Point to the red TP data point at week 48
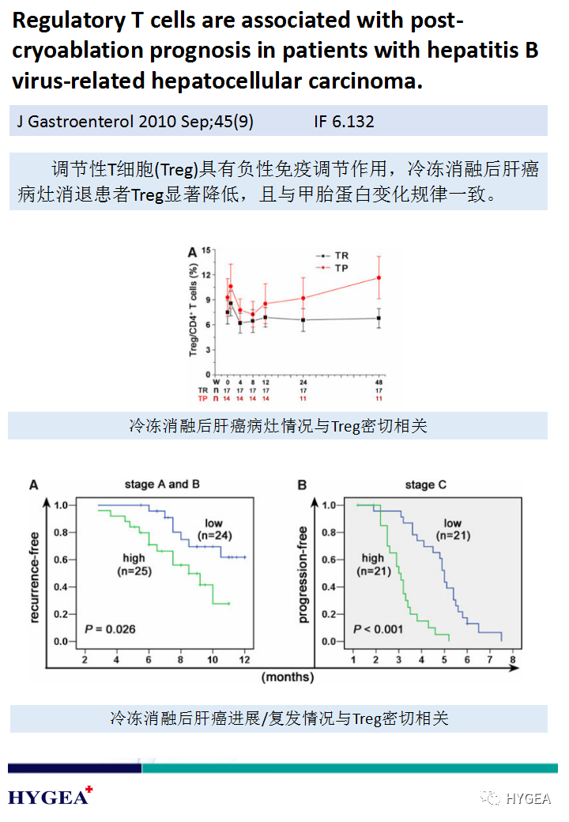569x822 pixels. coord(379,277)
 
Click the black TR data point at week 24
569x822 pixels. coord(303,320)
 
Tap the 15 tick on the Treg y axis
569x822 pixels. coord(207,250)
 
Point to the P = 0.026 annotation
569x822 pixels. coord(110,629)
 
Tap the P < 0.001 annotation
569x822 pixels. coord(378,629)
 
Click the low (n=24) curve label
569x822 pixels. coord(214,530)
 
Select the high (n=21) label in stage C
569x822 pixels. coord(372,565)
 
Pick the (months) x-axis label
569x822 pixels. coord(288,677)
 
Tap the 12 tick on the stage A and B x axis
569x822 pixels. coord(245,659)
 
